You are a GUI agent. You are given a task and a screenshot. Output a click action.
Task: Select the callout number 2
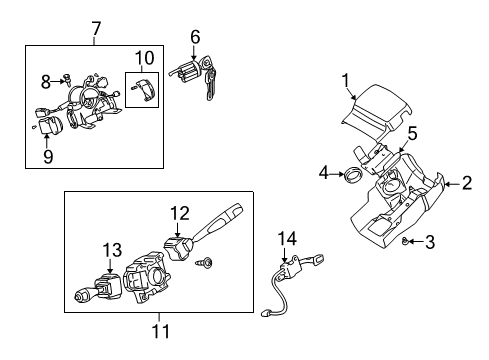click(467, 182)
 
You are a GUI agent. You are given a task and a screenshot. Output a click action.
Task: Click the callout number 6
click(196, 38)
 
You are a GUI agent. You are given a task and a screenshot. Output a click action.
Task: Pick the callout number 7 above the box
click(96, 29)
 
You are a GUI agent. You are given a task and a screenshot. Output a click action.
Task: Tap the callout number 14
click(289, 237)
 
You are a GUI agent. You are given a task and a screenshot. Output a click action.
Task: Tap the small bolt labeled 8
click(65, 79)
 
